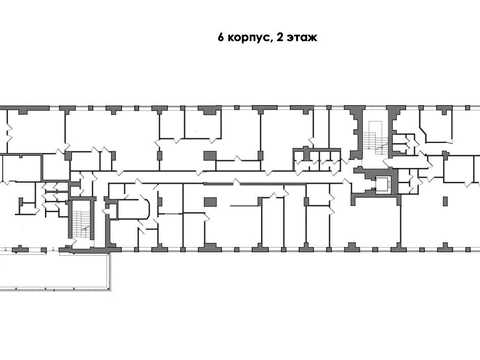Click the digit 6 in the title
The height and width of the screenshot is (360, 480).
[221, 37]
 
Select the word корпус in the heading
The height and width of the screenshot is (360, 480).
[249, 38]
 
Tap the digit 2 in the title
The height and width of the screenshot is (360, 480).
[280, 37]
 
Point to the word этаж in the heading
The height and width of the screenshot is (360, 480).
[302, 38]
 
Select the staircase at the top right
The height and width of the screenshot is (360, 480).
[375, 138]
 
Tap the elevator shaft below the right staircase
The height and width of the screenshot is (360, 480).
[383, 184]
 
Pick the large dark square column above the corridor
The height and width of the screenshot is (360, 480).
[210, 156]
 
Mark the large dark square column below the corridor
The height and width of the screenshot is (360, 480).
[210, 202]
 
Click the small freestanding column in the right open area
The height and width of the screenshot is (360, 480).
[446, 201]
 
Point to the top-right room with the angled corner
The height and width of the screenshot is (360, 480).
[436, 126]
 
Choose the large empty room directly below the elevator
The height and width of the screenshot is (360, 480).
[376, 222]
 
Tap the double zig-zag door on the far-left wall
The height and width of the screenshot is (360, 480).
[8, 132]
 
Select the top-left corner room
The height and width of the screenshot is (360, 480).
[36, 131]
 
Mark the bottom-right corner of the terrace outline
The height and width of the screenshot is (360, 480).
[110, 290]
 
